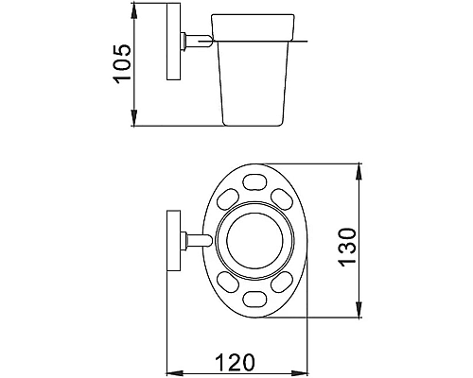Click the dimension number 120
coord(234,363)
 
